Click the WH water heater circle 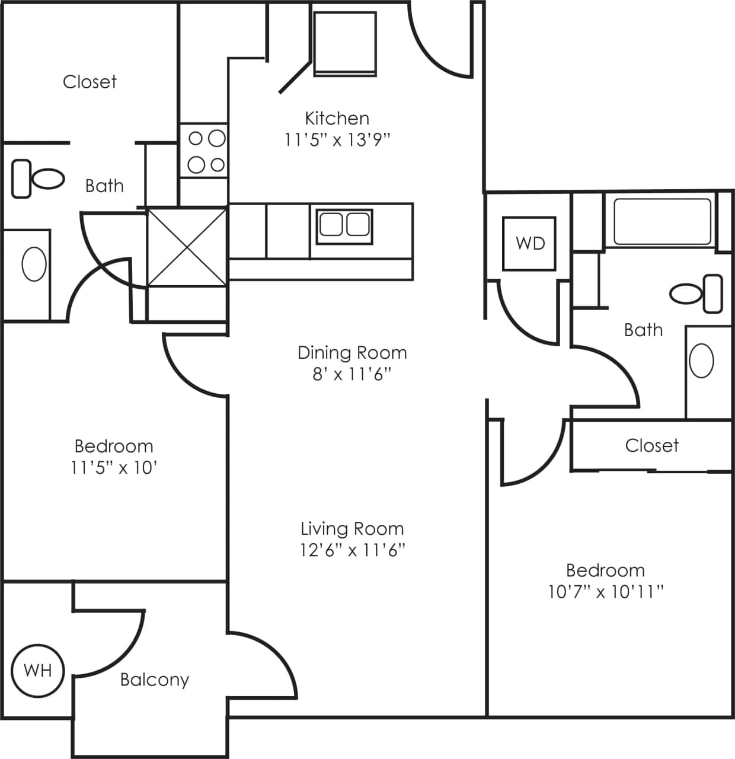coord(38,671)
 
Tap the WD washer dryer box coord(529,243)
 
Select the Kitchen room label coord(337,118)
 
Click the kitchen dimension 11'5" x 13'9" coord(337,140)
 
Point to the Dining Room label coord(352,353)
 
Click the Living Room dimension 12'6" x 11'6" coord(352,550)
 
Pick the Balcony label coord(154,680)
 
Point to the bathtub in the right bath coord(661,222)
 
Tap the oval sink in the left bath coord(34,264)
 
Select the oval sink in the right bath coord(702,360)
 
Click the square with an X coord(187,246)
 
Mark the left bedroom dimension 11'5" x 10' coord(114,468)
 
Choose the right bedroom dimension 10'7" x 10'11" coord(605,592)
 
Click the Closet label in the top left coord(90,82)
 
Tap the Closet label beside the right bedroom coord(651,445)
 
